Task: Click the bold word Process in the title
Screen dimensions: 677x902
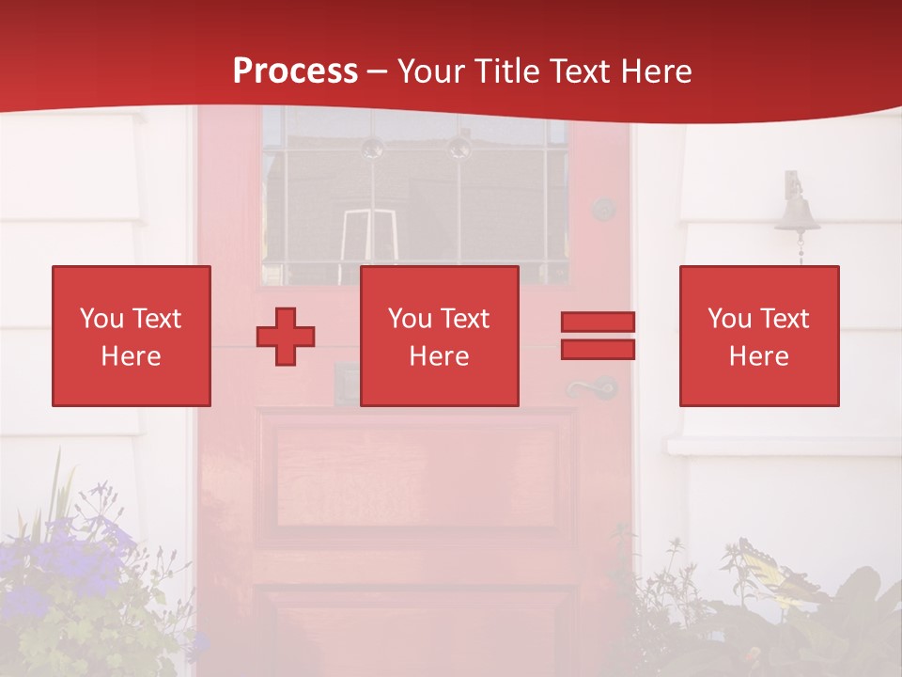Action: click(295, 71)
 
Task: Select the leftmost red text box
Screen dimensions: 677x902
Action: click(132, 336)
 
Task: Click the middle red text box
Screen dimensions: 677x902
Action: click(440, 336)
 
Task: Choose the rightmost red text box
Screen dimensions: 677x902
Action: click(759, 336)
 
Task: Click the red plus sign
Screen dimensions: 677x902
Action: click(286, 337)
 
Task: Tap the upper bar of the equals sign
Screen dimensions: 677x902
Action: click(598, 322)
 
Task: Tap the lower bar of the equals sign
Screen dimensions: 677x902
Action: click(598, 349)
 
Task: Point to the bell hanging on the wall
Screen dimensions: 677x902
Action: click(797, 212)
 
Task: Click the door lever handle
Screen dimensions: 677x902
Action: click(590, 387)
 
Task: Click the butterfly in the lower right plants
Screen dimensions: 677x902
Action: click(769, 569)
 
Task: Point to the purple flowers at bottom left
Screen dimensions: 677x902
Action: click(80, 555)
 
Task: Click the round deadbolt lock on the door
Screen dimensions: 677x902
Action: click(603, 209)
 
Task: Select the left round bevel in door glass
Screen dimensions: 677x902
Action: click(372, 147)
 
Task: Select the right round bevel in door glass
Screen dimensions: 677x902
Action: click(459, 147)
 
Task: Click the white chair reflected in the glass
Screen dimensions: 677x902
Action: click(367, 235)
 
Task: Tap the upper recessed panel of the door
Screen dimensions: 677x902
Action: click(415, 470)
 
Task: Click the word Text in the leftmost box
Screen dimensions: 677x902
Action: click(156, 319)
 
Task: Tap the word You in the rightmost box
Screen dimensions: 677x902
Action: click(729, 319)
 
